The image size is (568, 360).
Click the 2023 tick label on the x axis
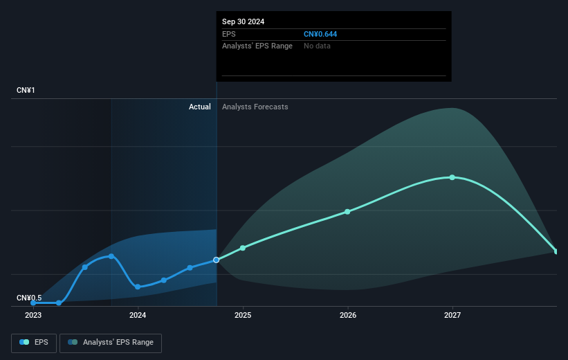click(x=33, y=315)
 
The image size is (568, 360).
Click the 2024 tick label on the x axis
click(x=138, y=315)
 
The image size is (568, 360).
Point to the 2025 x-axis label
click(x=243, y=315)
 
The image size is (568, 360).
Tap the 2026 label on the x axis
click(x=348, y=315)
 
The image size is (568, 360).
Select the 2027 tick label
click(x=452, y=315)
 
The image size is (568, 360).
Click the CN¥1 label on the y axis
click(x=26, y=91)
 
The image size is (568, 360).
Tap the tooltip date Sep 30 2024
click(x=243, y=21)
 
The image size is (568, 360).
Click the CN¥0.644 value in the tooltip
click(x=320, y=34)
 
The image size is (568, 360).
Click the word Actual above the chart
click(x=200, y=107)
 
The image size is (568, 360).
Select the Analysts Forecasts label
click(x=255, y=107)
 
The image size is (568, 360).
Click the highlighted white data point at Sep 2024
click(x=217, y=260)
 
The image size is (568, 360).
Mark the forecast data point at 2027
click(x=452, y=177)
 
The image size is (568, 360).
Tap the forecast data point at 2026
click(x=347, y=211)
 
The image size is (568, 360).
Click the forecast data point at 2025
click(x=243, y=248)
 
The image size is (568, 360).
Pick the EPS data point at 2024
click(x=138, y=287)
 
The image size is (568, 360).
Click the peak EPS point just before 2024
click(x=111, y=256)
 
